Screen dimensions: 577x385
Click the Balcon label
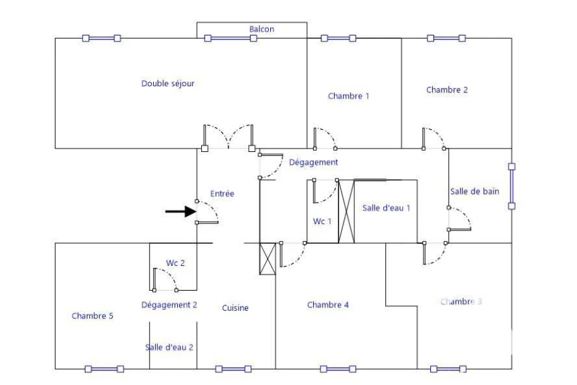(262, 29)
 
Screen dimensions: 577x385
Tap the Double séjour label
(168, 84)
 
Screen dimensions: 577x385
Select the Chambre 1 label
(349, 96)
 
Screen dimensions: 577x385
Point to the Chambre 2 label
(447, 90)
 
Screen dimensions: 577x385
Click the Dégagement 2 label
(170, 305)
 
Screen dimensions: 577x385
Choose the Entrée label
(222, 194)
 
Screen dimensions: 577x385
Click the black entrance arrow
(180, 211)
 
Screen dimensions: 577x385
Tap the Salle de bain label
(475, 192)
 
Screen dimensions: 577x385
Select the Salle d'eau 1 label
(386, 208)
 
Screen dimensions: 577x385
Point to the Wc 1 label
(323, 222)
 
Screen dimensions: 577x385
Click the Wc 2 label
(175, 263)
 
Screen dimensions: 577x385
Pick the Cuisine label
(235, 308)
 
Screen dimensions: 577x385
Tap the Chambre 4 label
(328, 305)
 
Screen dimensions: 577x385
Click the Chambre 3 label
(461, 302)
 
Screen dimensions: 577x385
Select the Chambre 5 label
(92, 316)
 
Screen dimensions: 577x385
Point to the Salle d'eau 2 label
(170, 348)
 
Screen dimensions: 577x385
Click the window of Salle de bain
(511, 186)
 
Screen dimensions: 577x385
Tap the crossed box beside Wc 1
(346, 211)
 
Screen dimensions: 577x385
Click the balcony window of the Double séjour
(231, 39)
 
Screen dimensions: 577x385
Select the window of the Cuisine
(233, 369)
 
